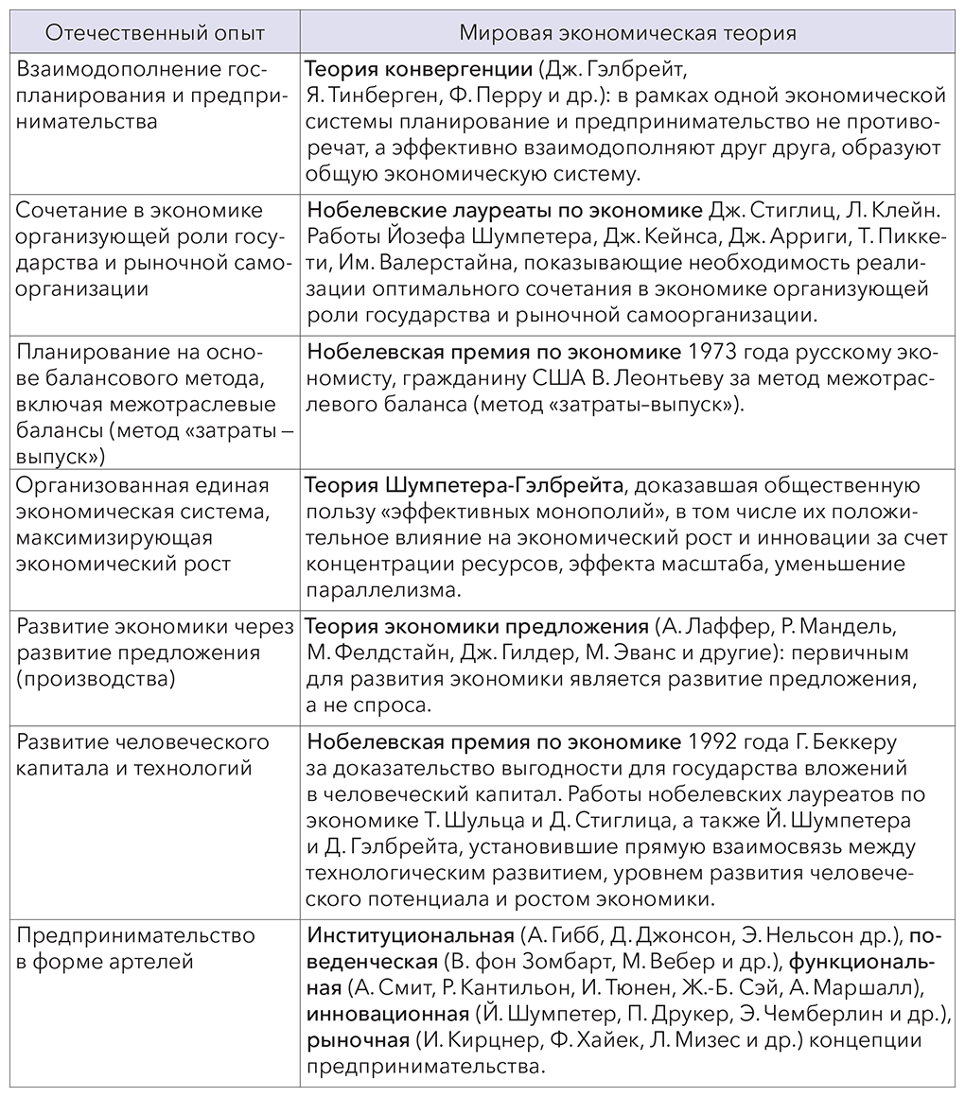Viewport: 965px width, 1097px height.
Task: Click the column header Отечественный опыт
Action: pos(155,32)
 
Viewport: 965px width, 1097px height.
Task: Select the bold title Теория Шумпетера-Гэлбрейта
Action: pos(465,486)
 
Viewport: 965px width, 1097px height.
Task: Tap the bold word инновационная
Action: pos(387,1015)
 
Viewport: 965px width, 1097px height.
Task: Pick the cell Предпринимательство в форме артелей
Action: pos(136,949)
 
